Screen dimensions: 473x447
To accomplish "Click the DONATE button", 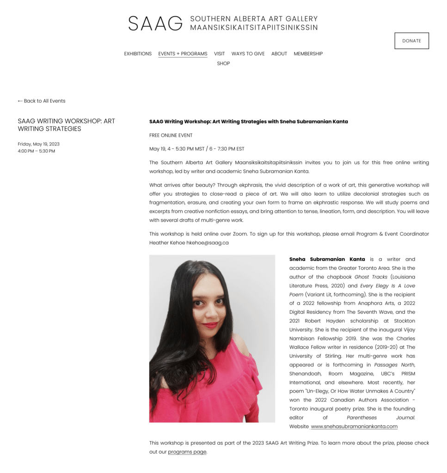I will [411, 41].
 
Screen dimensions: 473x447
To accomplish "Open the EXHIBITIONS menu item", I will [138, 54].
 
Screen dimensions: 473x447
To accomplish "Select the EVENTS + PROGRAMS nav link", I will [183, 54].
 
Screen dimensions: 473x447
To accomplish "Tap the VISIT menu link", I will [219, 54].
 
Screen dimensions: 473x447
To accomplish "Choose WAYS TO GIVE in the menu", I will [248, 54].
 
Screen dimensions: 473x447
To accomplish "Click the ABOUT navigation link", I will [279, 54].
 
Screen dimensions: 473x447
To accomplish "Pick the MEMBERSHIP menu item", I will [308, 54].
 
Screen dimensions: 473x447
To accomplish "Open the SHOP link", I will [223, 64].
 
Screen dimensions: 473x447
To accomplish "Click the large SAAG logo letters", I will [155, 24].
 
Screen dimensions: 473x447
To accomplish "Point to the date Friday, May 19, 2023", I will [38, 144].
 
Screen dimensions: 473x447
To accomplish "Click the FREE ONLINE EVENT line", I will [171, 135].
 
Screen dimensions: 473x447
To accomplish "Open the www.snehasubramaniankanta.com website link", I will [354, 426].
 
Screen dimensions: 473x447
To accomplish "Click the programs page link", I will [187, 452].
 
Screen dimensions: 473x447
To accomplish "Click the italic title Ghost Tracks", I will [371, 277].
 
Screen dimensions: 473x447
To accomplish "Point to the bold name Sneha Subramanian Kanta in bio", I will [327, 259].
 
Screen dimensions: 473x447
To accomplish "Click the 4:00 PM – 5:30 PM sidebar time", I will [36, 151].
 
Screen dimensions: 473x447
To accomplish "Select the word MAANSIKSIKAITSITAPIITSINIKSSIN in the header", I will [254, 27].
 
